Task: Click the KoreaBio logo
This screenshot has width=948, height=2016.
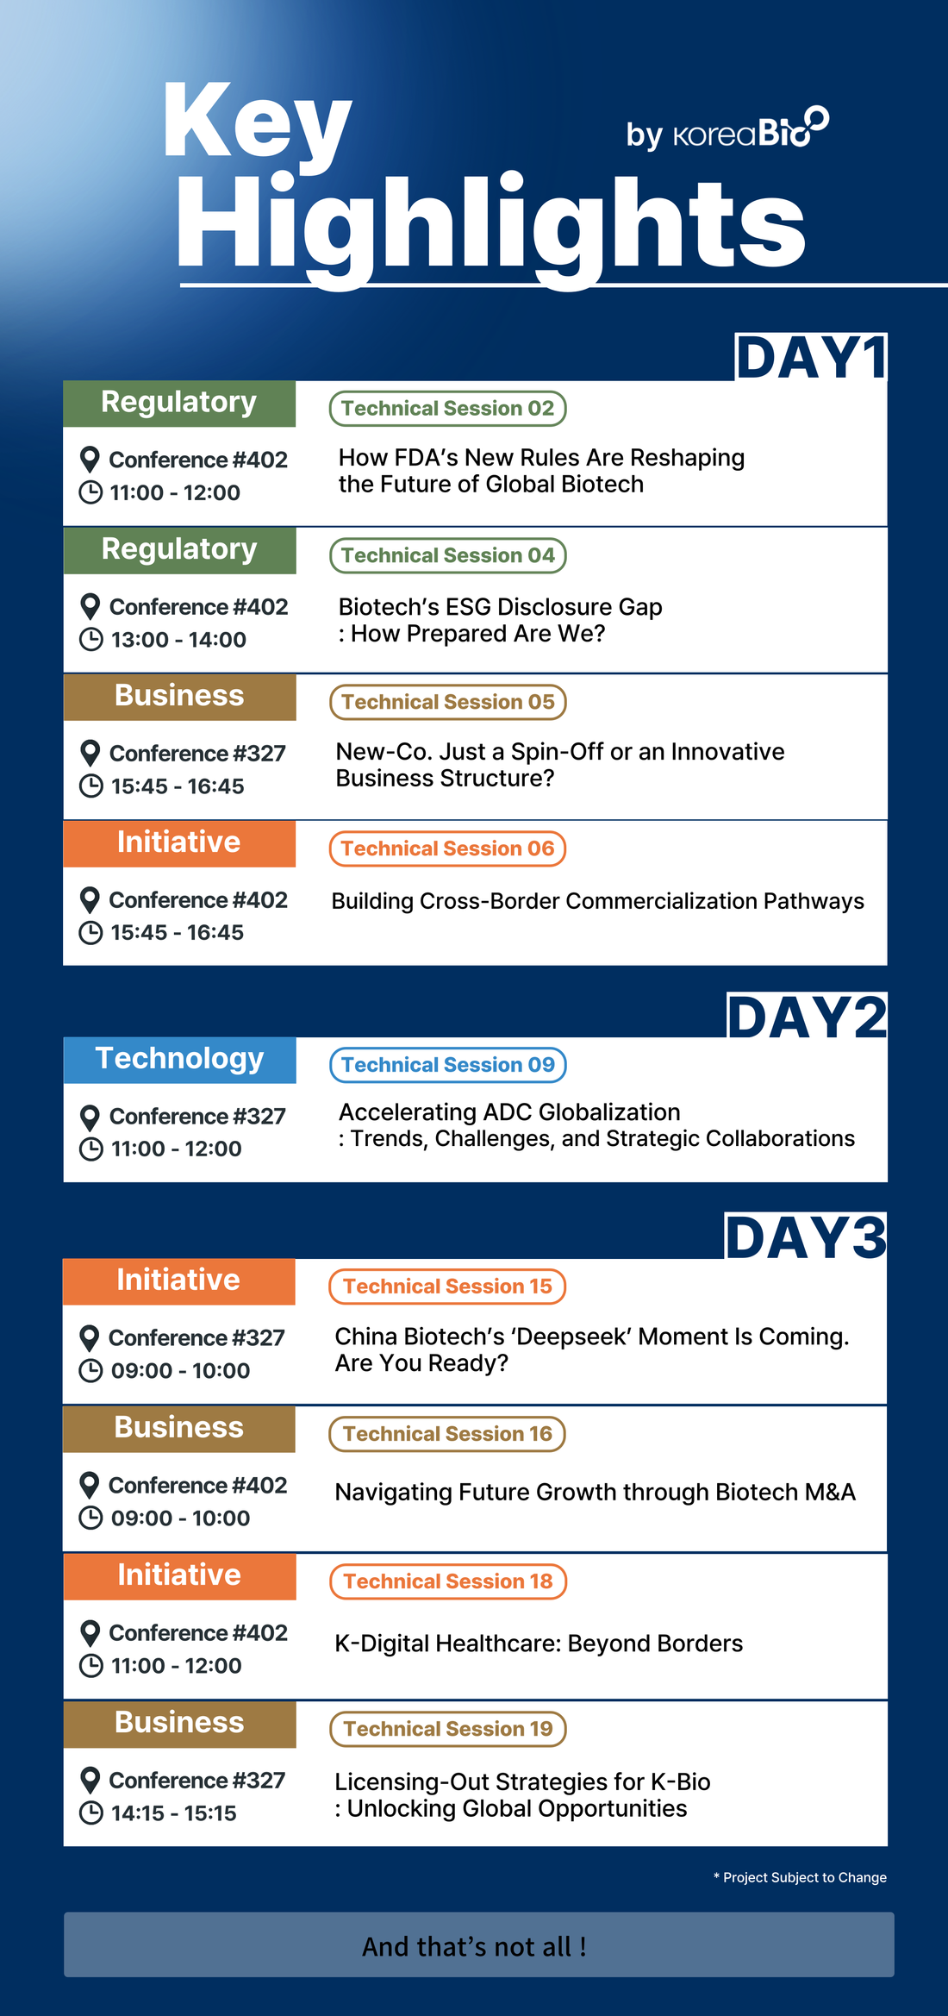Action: pos(751,129)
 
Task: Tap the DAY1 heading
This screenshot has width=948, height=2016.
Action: pos(811,357)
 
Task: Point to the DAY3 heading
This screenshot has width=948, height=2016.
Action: pos(806,1237)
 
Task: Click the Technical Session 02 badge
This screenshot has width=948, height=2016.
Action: pos(448,409)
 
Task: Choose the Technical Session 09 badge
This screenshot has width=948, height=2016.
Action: pos(448,1065)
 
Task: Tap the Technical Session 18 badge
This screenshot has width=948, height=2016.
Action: pos(448,1581)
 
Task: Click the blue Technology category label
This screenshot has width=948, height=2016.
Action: pos(179,1059)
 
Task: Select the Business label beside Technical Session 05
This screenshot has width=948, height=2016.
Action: pos(179,696)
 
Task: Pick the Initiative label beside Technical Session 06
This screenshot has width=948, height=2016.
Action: pos(179,842)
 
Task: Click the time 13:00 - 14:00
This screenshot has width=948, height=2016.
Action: pos(178,640)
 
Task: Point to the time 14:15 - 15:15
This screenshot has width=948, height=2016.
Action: pos(174,1813)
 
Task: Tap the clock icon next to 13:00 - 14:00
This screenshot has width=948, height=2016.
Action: pos(90,640)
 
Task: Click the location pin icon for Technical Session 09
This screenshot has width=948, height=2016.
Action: pos(90,1118)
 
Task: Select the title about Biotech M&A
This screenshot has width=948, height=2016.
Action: pos(595,1493)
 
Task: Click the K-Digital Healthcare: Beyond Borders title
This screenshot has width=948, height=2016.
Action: pos(539,1643)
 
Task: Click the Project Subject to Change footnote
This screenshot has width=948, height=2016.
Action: pos(800,1877)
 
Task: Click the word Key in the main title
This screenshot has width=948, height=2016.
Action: pos(257,125)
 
